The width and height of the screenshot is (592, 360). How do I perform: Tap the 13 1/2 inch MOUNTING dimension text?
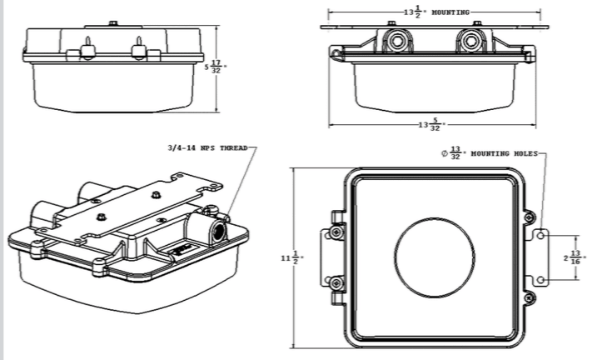[436, 12]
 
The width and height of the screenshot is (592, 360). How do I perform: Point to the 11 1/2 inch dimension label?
[292, 258]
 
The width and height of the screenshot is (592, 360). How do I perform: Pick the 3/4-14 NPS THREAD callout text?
[207, 147]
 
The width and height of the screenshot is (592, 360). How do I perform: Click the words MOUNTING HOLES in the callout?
[504, 153]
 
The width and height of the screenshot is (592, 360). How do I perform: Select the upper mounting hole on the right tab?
[540, 235]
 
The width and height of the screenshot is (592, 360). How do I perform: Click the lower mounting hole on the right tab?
[540, 279]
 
